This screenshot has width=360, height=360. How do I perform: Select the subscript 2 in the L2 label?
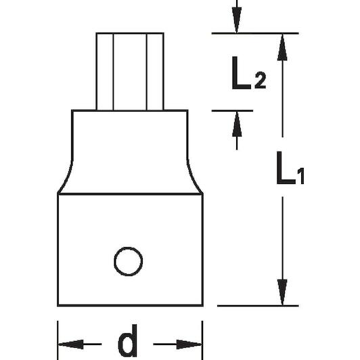point(261,80)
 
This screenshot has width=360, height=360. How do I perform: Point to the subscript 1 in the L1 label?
point(300,176)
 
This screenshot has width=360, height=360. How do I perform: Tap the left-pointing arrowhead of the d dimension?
point(70,344)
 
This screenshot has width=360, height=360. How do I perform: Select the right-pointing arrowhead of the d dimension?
point(189,344)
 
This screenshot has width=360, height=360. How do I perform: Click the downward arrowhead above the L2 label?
point(237,20)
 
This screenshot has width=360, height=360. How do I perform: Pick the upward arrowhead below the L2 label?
point(237,125)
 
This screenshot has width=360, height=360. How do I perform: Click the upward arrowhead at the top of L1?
point(282,47)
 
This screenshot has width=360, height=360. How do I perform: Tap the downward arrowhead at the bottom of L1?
point(282,292)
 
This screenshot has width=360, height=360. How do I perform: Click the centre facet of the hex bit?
point(130,72)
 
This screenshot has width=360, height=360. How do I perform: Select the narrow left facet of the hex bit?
point(105,72)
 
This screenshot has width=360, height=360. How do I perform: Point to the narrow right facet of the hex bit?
point(155,72)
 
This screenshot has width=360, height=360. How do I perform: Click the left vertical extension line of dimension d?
point(58,340)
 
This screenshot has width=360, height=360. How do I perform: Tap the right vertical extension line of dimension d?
point(202,340)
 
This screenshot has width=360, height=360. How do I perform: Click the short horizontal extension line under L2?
point(232,111)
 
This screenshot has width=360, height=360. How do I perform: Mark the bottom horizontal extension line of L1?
point(258,306)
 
